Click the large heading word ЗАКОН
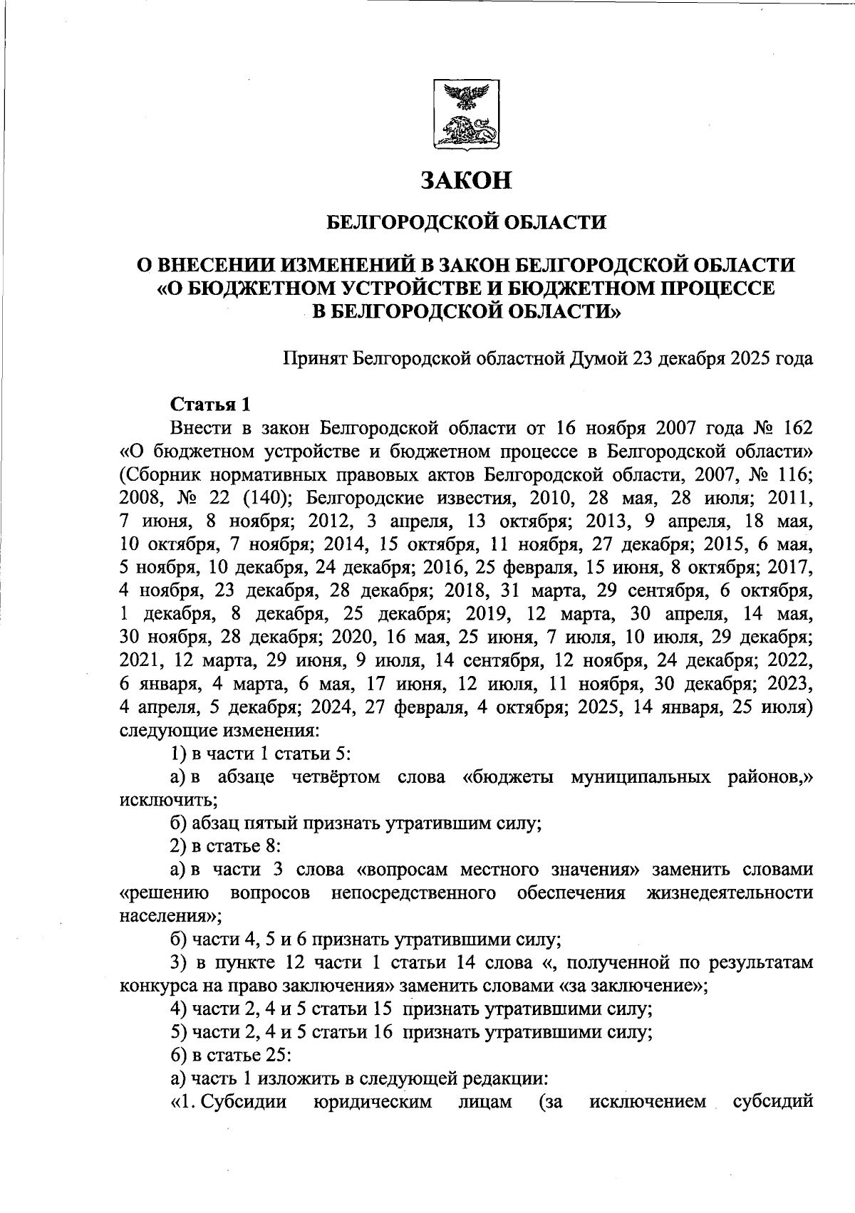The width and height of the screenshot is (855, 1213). click(x=466, y=181)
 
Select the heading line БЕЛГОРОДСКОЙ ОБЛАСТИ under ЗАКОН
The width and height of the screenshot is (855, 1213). click(x=466, y=223)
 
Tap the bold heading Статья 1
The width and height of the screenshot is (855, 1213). click(x=211, y=405)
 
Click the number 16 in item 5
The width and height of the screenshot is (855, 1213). click(x=383, y=1033)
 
